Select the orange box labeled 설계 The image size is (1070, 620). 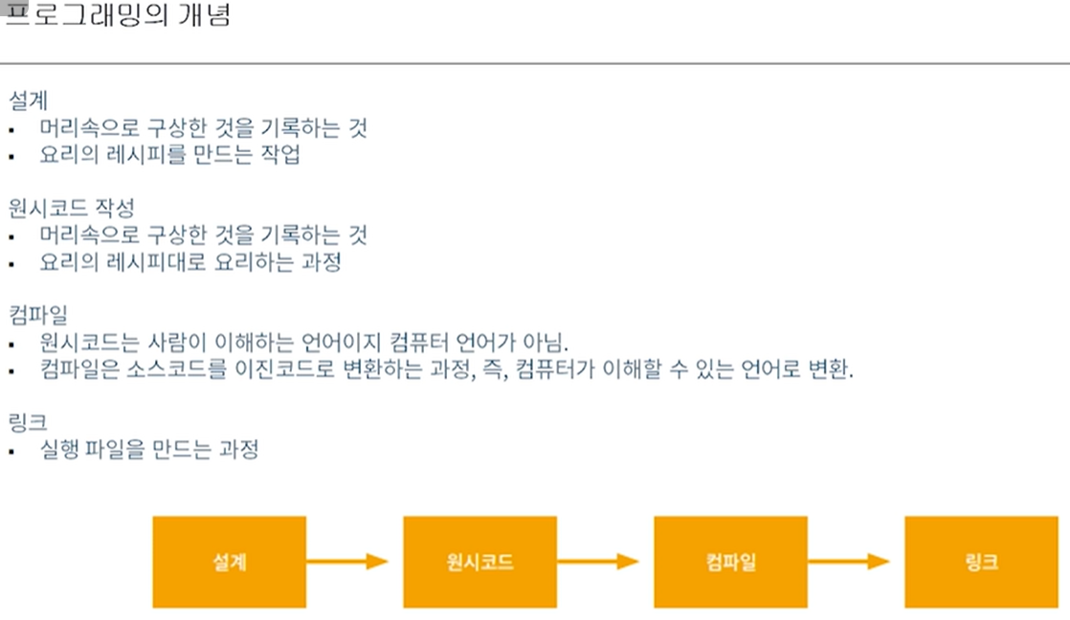click(x=229, y=562)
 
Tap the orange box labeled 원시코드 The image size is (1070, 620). click(x=479, y=562)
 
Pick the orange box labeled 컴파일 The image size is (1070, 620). click(x=730, y=562)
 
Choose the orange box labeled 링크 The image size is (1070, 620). click(x=981, y=562)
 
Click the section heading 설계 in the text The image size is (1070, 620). click(x=29, y=100)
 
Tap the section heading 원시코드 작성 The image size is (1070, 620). click(x=72, y=207)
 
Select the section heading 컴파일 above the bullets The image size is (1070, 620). click(x=38, y=314)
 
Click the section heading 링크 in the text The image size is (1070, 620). click(x=29, y=421)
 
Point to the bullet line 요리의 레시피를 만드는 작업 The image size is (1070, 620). click(x=170, y=155)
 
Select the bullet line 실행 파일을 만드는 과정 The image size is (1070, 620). click(x=149, y=450)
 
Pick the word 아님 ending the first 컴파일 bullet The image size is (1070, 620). click(x=546, y=343)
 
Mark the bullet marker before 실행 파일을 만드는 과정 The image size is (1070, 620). click(x=11, y=451)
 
